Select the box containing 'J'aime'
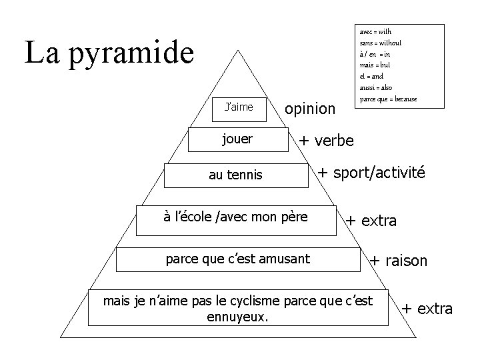[x=239, y=108]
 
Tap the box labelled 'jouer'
[x=237, y=139]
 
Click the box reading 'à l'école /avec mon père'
[x=235, y=219]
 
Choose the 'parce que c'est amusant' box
[x=237, y=259]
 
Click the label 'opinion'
[x=309, y=108]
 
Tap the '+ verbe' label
[x=327, y=141]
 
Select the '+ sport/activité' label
[x=371, y=173]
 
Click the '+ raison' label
[x=399, y=261]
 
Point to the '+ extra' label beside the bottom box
[x=427, y=309]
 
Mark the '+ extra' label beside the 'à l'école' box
[x=371, y=221]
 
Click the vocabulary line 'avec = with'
[x=375, y=32]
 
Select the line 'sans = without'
[x=380, y=43]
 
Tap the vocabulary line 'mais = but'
[x=375, y=65]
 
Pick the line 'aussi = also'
[x=376, y=87]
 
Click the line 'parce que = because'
[x=388, y=99]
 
